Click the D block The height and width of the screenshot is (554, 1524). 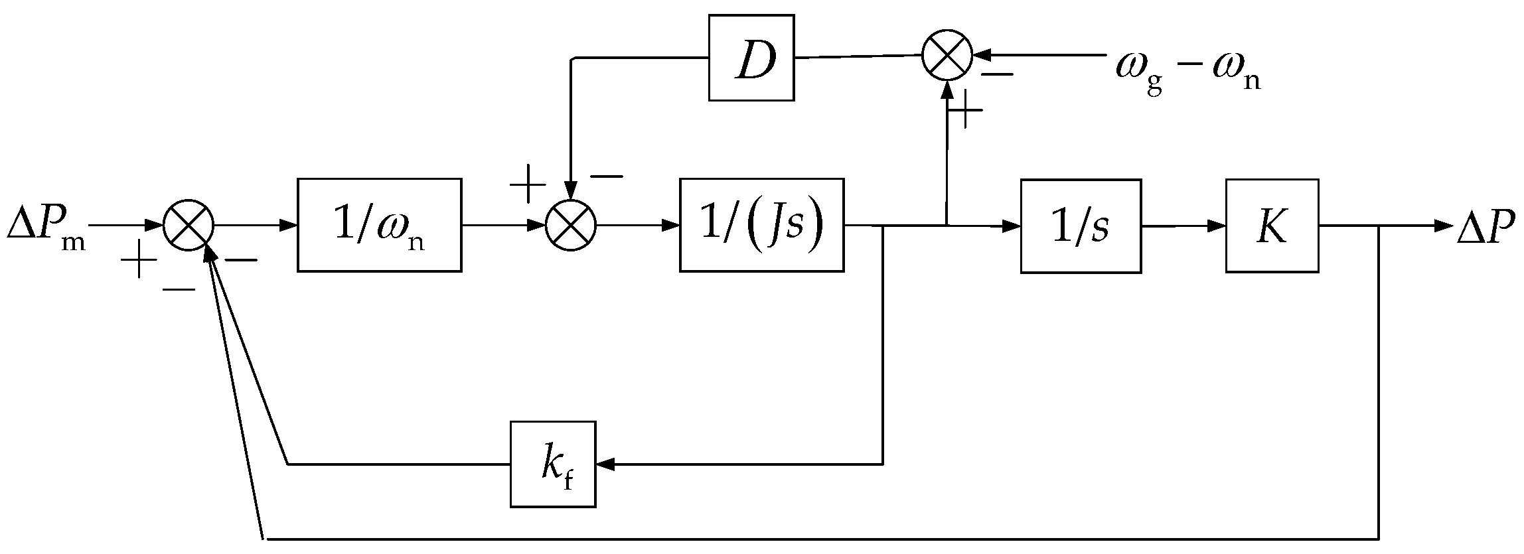point(751,58)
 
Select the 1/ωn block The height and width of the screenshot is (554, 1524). point(379,225)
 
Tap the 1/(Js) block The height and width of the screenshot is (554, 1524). point(761,225)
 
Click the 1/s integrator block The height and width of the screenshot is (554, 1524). point(1081,226)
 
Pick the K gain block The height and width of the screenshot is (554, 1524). point(1271,226)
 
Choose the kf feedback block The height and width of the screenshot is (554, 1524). point(553,464)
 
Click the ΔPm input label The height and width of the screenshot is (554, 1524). point(45,228)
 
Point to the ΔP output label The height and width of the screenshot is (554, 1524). point(1489,228)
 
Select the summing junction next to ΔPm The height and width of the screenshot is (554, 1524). point(189,226)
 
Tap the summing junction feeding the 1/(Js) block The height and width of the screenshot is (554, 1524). point(571,226)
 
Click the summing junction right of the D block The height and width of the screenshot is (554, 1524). point(947,55)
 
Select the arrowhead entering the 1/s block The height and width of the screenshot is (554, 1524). point(1012,226)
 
